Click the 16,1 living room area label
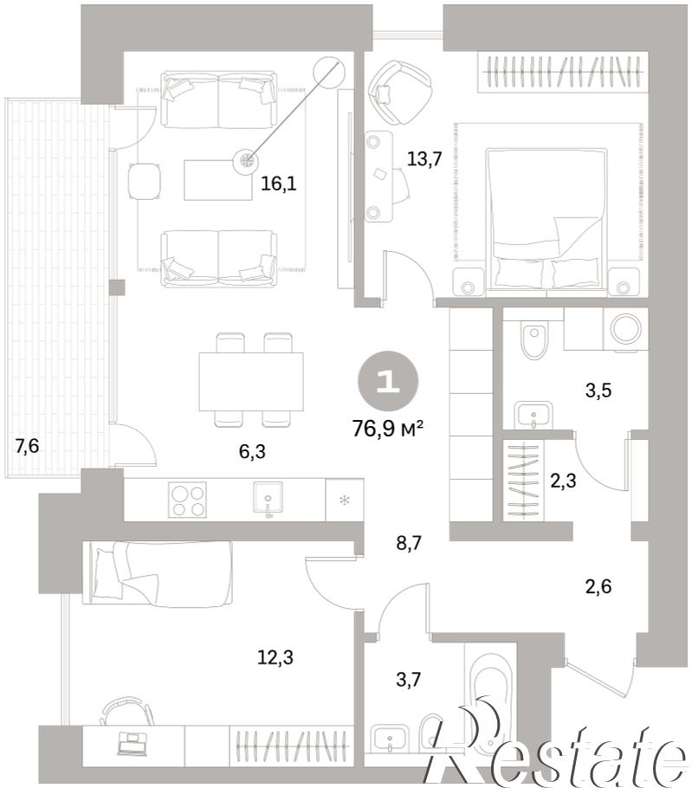click(x=279, y=184)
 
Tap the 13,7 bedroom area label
click(x=424, y=159)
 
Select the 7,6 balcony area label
click(x=27, y=445)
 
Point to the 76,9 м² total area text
click(x=388, y=430)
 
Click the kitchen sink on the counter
click(x=268, y=499)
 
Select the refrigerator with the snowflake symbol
click(x=345, y=500)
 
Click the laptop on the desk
click(x=131, y=744)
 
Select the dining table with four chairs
click(x=251, y=380)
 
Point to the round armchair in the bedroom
click(x=400, y=93)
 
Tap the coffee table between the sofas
click(x=217, y=179)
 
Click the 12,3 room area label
click(x=275, y=656)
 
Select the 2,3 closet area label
click(x=563, y=481)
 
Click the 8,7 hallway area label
click(x=408, y=543)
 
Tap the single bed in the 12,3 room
click(x=160, y=571)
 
